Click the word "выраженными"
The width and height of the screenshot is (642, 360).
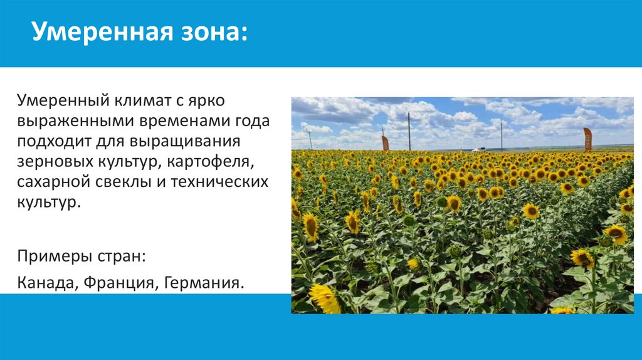click(x=70, y=121)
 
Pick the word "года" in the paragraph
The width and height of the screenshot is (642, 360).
click(x=251, y=121)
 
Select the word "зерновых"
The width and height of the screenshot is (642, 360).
click(x=52, y=162)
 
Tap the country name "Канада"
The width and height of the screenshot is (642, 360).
click(x=46, y=283)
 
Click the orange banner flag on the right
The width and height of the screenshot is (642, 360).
click(x=587, y=139)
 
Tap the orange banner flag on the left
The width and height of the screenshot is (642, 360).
click(x=385, y=143)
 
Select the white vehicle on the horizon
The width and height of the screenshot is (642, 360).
click(x=480, y=150)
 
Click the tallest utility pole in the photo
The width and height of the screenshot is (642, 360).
click(x=409, y=131)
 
